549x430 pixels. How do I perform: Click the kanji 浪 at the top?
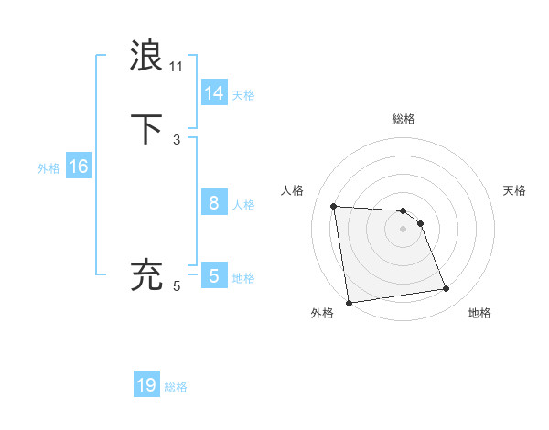point(147,56)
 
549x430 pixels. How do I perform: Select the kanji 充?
point(147,275)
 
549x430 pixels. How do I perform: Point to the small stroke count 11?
point(177,66)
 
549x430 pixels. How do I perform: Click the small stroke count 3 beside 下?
point(177,140)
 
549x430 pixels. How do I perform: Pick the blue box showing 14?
point(214,93)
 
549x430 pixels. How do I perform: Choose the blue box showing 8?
point(214,203)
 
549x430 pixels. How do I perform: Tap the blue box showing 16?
point(79,167)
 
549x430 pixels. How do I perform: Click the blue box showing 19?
point(146,385)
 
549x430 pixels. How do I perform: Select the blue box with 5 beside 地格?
point(214,275)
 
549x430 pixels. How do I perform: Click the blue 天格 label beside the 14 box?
point(243,95)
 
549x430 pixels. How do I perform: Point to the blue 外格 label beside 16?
point(48,168)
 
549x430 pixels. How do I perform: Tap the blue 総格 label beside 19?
point(176,387)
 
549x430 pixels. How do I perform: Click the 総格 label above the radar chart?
point(404,119)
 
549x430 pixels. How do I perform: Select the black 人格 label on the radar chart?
point(293,190)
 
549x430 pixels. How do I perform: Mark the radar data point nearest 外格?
point(349,302)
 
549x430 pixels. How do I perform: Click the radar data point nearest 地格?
point(447,289)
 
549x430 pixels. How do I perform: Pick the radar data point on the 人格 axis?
point(334,206)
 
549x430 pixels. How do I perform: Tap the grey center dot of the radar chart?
point(404,229)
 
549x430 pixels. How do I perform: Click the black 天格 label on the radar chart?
point(514,190)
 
